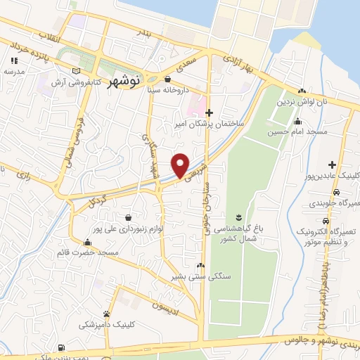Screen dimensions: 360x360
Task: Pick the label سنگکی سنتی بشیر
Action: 199,276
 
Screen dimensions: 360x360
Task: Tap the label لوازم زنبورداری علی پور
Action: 131,229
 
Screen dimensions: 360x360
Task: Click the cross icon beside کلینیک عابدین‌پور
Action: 333,164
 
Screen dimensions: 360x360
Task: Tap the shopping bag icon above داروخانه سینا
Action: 167,79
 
